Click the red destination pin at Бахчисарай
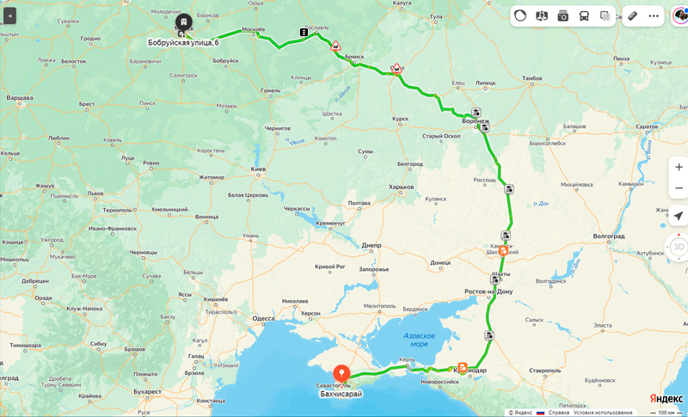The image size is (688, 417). (x=341, y=374)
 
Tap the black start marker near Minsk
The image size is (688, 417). (x=183, y=21)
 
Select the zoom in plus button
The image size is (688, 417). (x=679, y=167)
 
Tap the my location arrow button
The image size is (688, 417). (x=679, y=215)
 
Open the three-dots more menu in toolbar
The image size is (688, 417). (x=654, y=15)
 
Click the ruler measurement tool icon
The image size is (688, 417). (x=632, y=15)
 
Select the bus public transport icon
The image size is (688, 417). (x=584, y=15)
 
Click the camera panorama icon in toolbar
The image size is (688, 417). (x=562, y=15)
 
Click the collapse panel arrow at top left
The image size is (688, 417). (x=10, y=15)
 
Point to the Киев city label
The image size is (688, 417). (x=258, y=169)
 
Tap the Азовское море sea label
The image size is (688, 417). (x=419, y=340)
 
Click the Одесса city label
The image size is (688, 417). (x=263, y=318)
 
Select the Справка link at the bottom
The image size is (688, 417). (x=559, y=413)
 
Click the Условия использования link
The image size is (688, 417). (x=603, y=413)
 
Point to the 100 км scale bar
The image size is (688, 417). (x=666, y=413)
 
